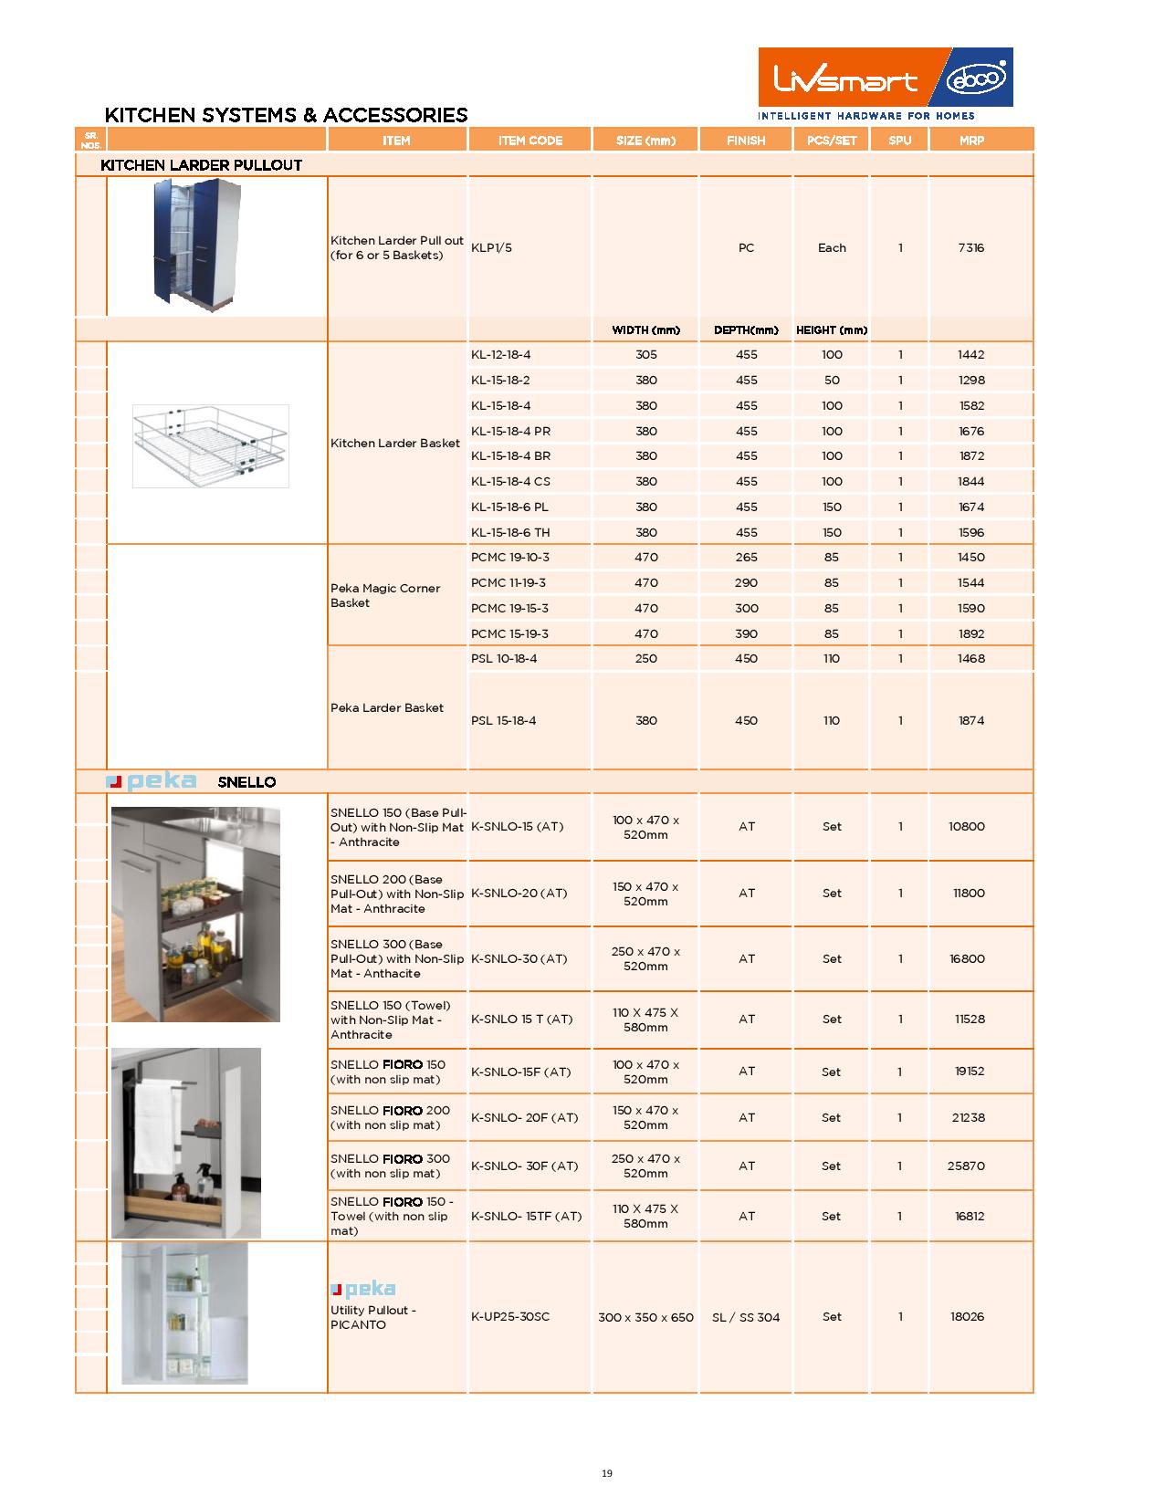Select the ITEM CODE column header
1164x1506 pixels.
click(530, 141)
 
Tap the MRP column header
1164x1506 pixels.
click(971, 141)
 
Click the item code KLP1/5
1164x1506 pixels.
click(491, 248)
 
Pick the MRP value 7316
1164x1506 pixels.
click(971, 248)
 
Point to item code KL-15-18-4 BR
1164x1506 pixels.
click(510, 456)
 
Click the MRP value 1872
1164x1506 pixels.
click(971, 456)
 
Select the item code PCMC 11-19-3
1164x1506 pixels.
click(509, 583)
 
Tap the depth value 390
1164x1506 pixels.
click(746, 633)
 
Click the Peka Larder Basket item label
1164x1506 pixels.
click(387, 708)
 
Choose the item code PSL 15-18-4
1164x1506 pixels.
click(504, 721)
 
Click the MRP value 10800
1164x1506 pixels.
click(967, 827)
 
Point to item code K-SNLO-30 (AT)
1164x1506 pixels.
click(519, 959)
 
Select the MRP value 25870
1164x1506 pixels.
click(966, 1166)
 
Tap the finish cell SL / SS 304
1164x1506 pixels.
click(746, 1317)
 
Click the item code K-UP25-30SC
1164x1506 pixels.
click(510, 1317)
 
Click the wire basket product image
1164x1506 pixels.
click(210, 445)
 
